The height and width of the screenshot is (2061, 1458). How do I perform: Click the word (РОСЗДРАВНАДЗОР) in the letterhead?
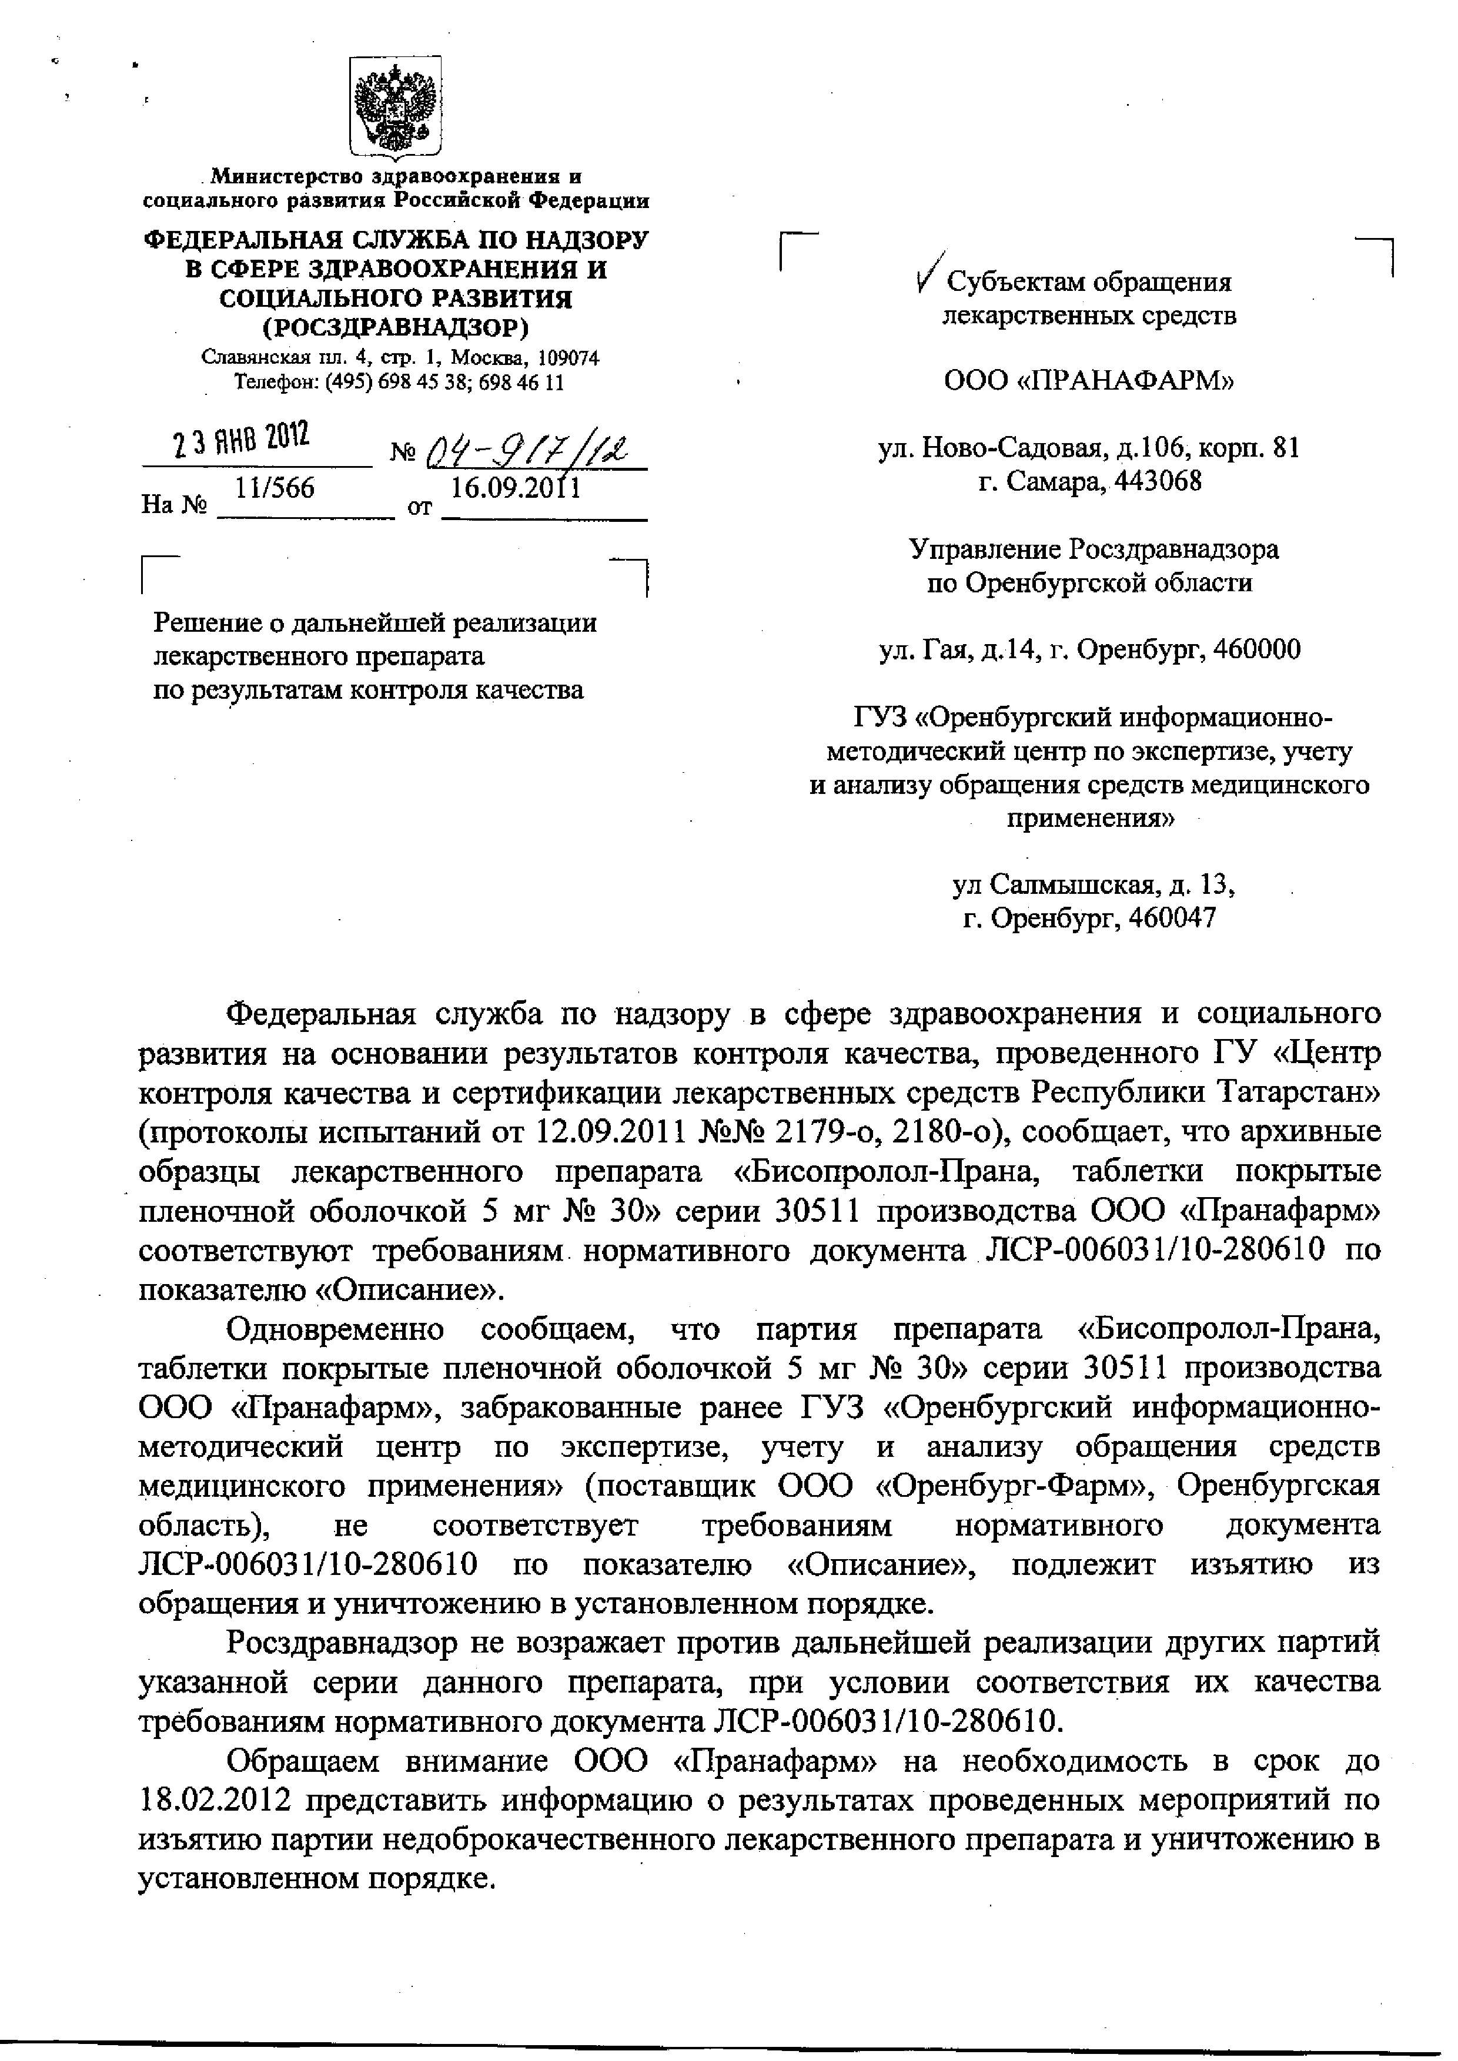coord(396,327)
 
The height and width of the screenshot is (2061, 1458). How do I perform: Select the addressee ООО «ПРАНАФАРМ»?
coord(1089,381)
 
